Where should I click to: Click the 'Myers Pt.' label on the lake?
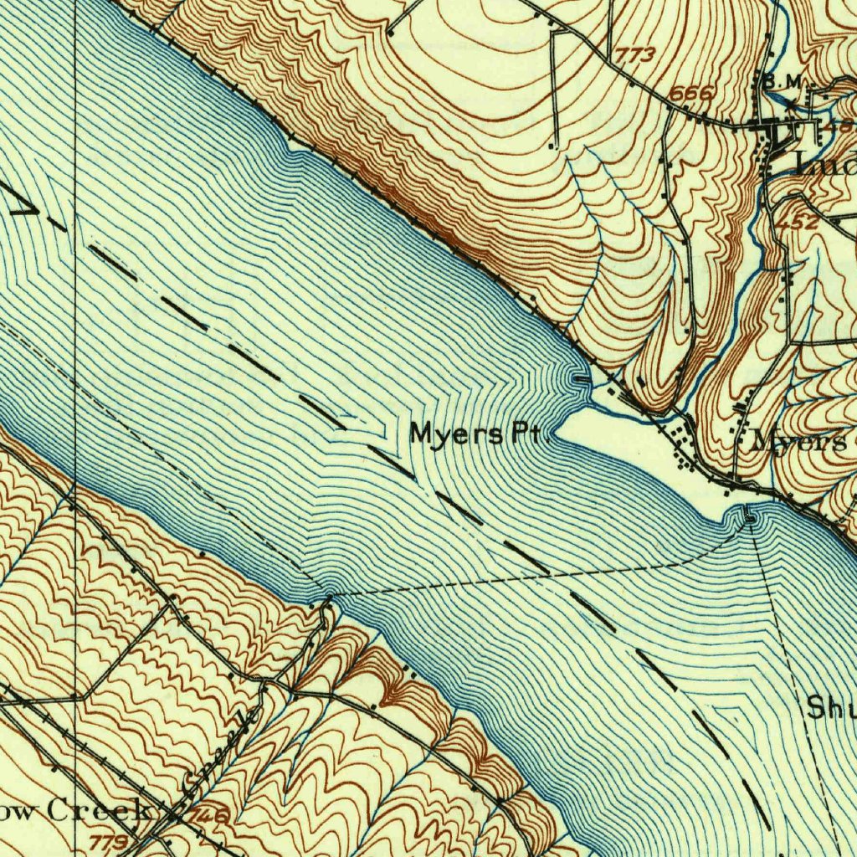click(480, 435)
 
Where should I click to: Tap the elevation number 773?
click(635, 56)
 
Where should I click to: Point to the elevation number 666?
click(691, 94)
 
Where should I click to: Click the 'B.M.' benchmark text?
click(782, 81)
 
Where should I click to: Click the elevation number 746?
click(209, 813)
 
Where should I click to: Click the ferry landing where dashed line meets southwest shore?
click(329, 598)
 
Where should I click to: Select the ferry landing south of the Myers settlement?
click(749, 519)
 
